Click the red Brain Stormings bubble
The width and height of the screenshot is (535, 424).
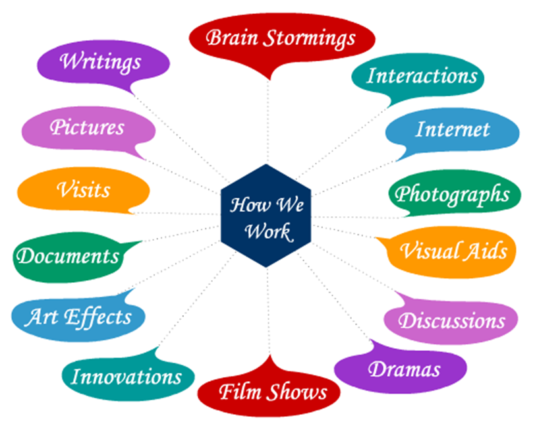coord(281,38)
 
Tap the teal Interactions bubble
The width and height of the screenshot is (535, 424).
coord(422,75)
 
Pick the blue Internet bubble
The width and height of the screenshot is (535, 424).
coord(452,129)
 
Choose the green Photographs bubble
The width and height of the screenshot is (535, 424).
coord(452,194)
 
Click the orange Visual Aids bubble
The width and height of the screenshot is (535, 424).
coord(453,251)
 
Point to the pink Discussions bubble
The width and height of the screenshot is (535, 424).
coord(452,320)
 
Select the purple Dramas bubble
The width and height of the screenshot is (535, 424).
coord(404,369)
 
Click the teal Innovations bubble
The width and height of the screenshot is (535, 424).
coord(126,377)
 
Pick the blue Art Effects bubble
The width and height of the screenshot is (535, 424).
coord(78,317)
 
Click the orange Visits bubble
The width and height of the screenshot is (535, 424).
coord(83,191)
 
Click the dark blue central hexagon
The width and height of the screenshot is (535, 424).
coord(267,215)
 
